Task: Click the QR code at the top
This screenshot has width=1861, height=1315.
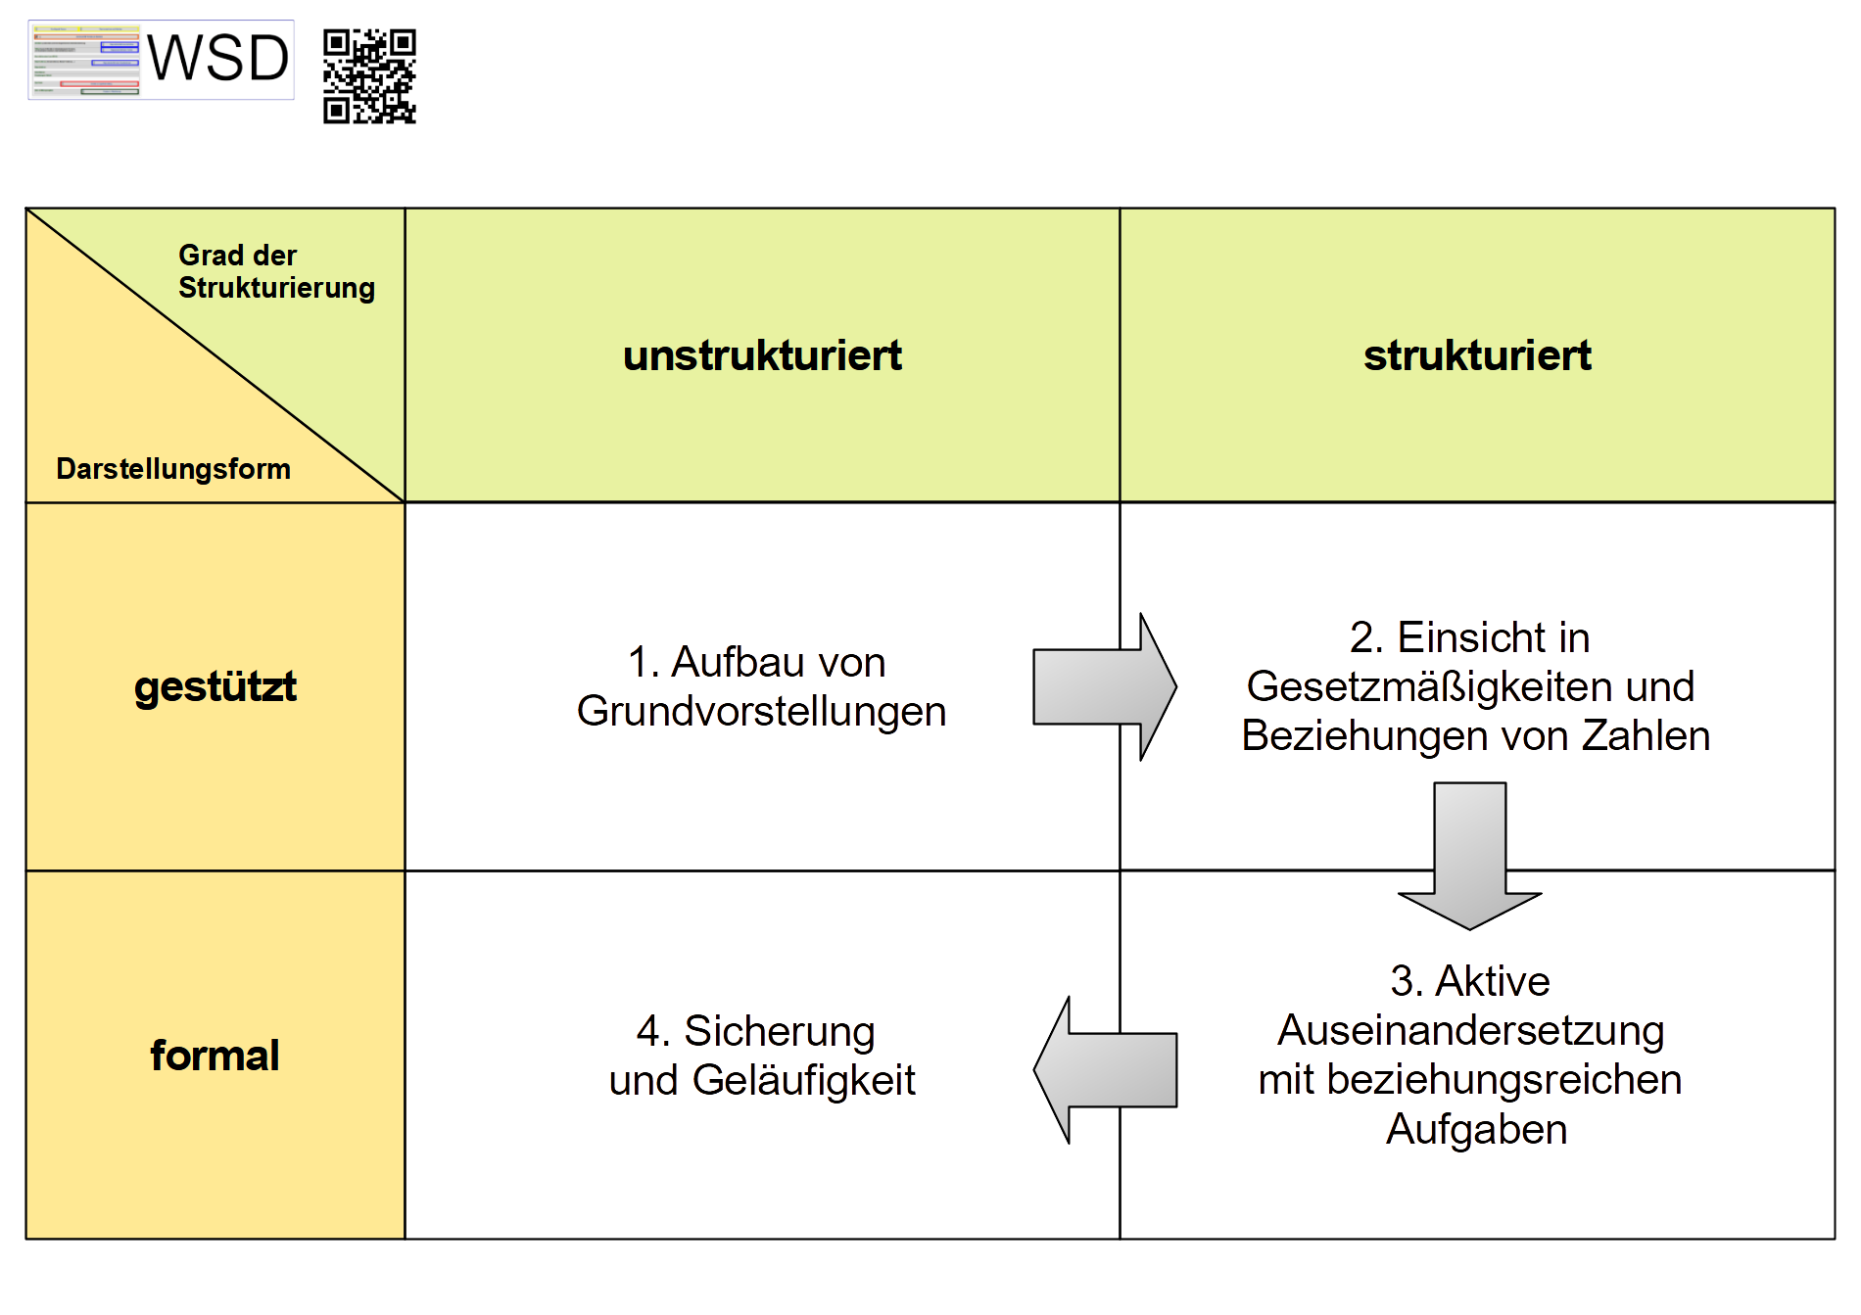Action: click(x=369, y=76)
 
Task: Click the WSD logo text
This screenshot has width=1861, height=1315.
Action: click(x=217, y=59)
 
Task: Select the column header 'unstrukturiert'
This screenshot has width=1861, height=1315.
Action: click(x=762, y=355)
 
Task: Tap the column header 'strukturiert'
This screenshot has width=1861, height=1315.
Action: click(x=1477, y=355)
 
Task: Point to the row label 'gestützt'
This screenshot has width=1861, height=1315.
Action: click(x=215, y=686)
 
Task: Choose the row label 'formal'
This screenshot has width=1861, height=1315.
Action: click(x=215, y=1056)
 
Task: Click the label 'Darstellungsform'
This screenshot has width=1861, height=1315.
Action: click(x=173, y=469)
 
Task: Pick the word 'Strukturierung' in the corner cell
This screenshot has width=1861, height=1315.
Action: click(x=276, y=288)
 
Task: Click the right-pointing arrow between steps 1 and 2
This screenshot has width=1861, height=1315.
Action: click(x=1104, y=687)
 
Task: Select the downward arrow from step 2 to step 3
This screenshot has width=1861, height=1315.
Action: click(x=1469, y=856)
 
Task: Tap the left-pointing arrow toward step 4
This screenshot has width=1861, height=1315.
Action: click(x=1105, y=1069)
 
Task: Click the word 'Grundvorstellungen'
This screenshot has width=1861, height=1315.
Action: click(x=761, y=712)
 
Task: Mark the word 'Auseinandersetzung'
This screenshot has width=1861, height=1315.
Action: click(x=1470, y=1030)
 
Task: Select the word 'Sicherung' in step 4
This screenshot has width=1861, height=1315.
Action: click(x=779, y=1031)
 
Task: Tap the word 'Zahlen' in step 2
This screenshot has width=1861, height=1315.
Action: click(x=1646, y=735)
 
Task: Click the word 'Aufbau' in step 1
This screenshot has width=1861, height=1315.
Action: click(x=724, y=662)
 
